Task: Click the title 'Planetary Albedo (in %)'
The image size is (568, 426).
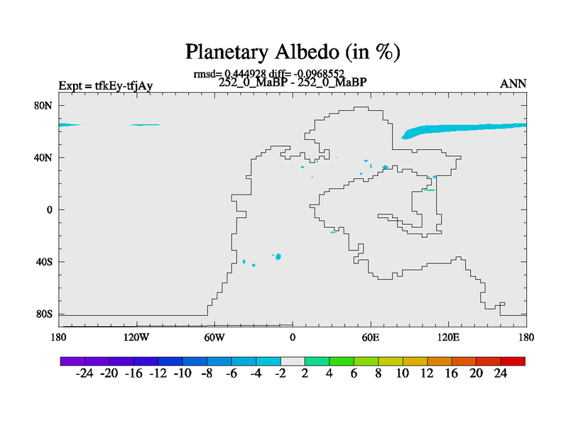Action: click(x=293, y=52)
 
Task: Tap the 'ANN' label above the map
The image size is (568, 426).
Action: click(x=513, y=84)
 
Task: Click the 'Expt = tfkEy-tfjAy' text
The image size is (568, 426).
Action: click(x=105, y=86)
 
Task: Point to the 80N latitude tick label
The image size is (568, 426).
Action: click(x=43, y=106)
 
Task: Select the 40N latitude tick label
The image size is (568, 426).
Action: click(x=43, y=158)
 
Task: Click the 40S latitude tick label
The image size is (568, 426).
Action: click(x=44, y=262)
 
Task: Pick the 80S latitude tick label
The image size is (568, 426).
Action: click(x=44, y=314)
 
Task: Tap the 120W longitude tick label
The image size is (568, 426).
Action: click(x=136, y=338)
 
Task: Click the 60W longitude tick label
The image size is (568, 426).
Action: click(x=214, y=338)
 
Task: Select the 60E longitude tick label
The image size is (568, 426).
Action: click(x=371, y=338)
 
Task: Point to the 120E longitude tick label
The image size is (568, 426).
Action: click(x=449, y=338)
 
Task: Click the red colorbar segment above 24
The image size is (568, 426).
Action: click(x=513, y=361)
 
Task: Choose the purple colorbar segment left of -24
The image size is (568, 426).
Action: click(x=72, y=361)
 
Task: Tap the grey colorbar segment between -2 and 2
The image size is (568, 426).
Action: click(x=293, y=361)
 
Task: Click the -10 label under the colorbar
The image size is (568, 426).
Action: click(x=182, y=373)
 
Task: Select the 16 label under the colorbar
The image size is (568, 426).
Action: click(x=452, y=373)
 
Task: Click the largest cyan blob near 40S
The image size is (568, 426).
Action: click(x=278, y=257)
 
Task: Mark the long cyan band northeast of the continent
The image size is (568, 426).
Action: click(x=464, y=130)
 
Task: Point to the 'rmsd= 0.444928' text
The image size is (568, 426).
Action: click(x=229, y=75)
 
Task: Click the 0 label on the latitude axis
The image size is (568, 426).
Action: click(x=49, y=210)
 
